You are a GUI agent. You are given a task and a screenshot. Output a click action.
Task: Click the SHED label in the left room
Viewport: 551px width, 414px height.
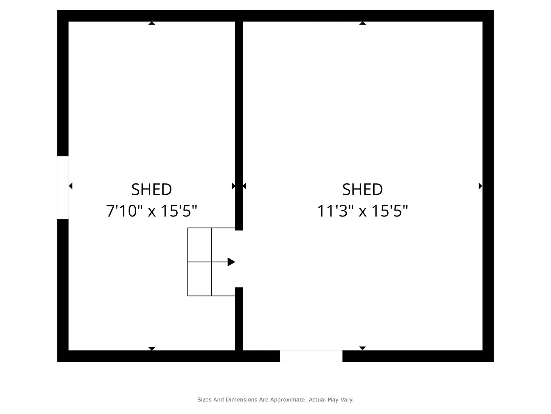click(x=152, y=190)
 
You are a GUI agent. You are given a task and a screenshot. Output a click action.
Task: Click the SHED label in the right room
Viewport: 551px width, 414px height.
click(x=362, y=190)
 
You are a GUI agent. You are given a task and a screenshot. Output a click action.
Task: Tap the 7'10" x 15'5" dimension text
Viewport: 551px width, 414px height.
click(x=152, y=211)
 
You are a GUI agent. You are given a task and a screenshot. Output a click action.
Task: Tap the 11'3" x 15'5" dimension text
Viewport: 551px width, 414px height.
click(x=362, y=211)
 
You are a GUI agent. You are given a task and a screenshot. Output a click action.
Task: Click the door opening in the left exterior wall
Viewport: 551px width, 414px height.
click(x=63, y=187)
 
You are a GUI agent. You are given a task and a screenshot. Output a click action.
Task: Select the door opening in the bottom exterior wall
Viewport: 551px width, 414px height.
click(x=311, y=356)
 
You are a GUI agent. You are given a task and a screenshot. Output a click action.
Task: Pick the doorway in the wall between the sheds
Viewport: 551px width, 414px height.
click(x=239, y=259)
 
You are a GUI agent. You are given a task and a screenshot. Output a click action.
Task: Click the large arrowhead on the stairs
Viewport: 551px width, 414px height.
click(x=231, y=262)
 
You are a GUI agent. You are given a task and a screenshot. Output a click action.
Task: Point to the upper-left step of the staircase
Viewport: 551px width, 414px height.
click(x=199, y=245)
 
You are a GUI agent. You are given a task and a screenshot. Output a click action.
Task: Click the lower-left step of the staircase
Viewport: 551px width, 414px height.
click(x=199, y=279)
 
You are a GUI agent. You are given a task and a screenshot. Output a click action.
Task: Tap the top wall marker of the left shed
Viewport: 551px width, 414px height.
click(x=152, y=23)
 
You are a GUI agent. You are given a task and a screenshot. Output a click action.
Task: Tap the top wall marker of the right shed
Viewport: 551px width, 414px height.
click(x=363, y=23)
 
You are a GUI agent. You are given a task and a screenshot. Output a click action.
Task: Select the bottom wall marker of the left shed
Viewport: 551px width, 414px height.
click(x=152, y=349)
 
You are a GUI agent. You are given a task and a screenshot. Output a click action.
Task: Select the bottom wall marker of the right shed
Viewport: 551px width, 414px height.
click(x=363, y=348)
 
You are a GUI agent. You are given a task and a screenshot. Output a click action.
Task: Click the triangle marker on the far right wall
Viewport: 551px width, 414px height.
click(x=480, y=186)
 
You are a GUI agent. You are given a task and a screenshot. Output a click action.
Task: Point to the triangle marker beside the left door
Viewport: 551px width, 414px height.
click(x=71, y=186)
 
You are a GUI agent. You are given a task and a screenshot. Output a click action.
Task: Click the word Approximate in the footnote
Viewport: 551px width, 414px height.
click(x=289, y=400)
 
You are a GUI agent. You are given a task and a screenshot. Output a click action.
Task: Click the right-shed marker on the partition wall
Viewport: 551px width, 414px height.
click(x=245, y=186)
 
